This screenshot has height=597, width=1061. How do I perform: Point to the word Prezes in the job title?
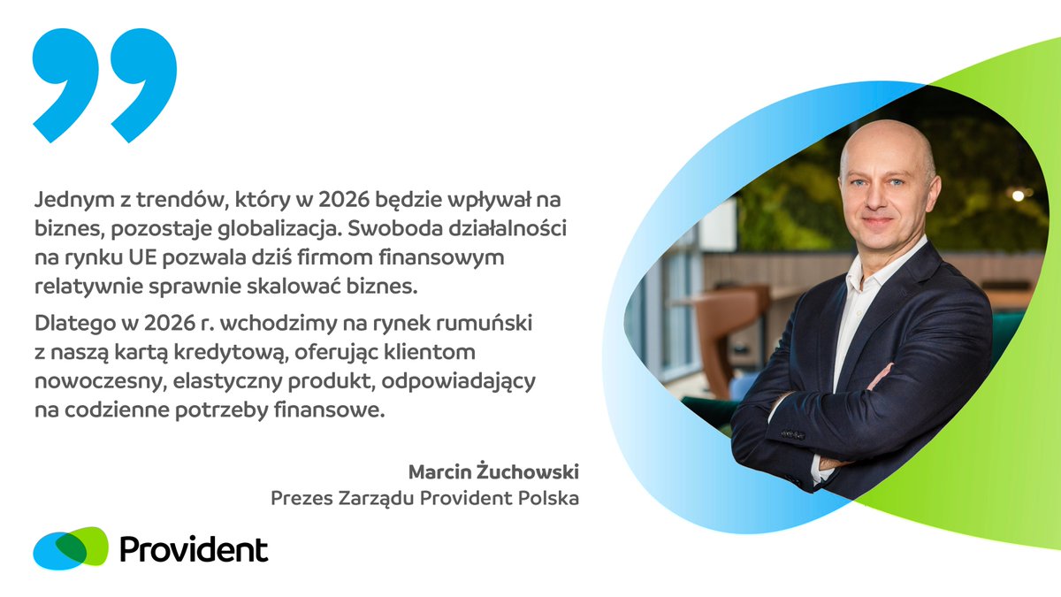pos(299,499)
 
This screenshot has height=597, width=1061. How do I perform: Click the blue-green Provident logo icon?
pos(71,548)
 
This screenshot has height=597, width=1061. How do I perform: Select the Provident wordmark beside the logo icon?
pos(193,549)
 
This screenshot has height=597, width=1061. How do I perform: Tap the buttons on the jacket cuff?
pos(793,434)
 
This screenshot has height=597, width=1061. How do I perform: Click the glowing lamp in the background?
pos(1018,195)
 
